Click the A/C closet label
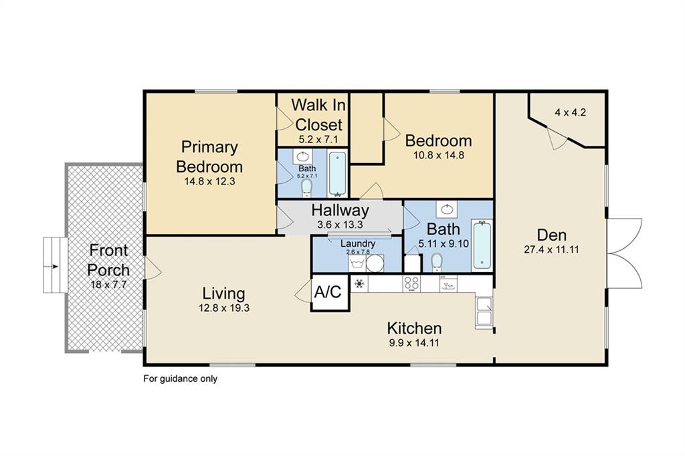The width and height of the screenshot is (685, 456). click(x=328, y=292)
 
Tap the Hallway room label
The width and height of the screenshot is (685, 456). click(x=340, y=211)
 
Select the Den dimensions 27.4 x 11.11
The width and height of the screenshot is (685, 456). click(x=551, y=250)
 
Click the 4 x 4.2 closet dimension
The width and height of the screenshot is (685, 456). click(x=570, y=112)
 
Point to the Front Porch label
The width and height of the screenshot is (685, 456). click(x=108, y=260)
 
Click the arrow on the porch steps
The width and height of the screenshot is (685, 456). click(x=54, y=265)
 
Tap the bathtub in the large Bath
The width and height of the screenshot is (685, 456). click(x=482, y=245)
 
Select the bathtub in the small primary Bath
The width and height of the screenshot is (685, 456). click(x=337, y=173)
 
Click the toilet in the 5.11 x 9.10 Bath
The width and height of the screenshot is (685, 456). click(x=436, y=263)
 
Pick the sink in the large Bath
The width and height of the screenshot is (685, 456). click(x=446, y=209)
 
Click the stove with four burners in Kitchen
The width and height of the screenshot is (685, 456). click(x=411, y=283)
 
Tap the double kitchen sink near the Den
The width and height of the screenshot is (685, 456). click(x=484, y=311)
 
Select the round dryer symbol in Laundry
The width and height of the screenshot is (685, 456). click(x=375, y=263)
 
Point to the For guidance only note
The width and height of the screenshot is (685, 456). click(x=180, y=378)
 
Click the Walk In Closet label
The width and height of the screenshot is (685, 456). click(x=318, y=114)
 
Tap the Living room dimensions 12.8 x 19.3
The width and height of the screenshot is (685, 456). click(x=223, y=308)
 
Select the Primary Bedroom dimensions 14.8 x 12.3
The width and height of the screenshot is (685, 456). click(x=209, y=181)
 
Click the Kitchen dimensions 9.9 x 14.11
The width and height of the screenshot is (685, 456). click(x=413, y=342)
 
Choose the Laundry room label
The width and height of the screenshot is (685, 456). click(x=358, y=244)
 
